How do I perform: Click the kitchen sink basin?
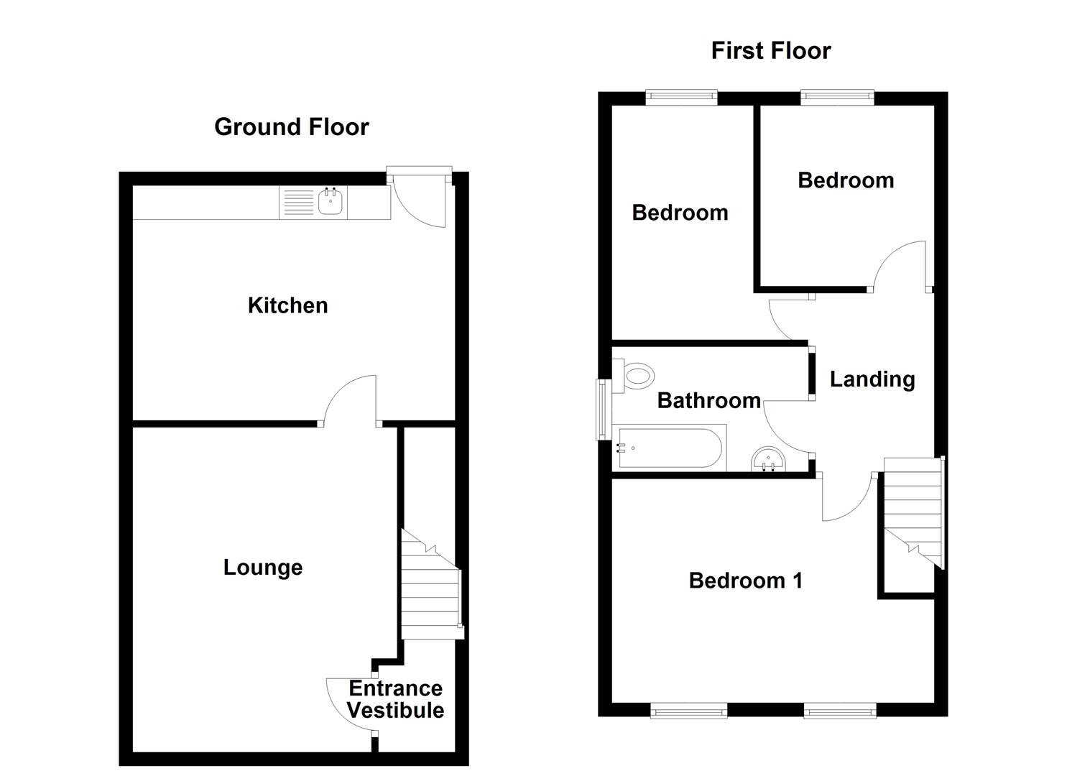pos(331,203)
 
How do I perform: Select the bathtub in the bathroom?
pos(670,448)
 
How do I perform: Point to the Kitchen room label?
pos(287,305)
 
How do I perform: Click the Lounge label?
pos(263,568)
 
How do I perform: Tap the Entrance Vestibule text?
pos(395,699)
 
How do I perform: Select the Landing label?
pos(872,379)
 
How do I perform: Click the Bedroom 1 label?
pos(746,581)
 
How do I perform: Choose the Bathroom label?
pos(708,400)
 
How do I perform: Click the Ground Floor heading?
pos(291,127)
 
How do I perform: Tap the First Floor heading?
pos(770,50)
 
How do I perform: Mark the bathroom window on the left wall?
pos(601,409)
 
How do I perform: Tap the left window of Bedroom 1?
pos(688,711)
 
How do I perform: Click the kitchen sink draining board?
pos(298,203)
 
